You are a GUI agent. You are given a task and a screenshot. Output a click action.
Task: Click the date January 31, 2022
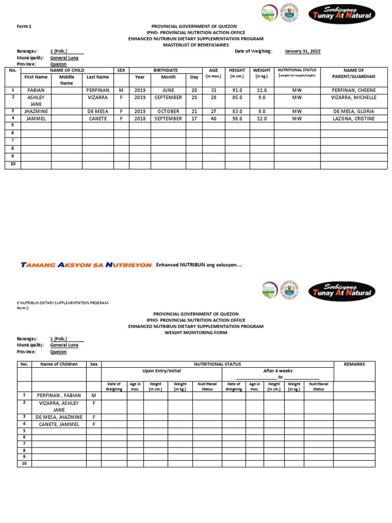(303, 51)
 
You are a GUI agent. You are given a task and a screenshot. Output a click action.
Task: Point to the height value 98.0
(237, 118)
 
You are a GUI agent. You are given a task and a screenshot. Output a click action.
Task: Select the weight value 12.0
(262, 118)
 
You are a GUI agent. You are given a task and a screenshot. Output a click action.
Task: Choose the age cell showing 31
(213, 90)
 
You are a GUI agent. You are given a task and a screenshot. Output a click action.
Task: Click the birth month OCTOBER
(168, 111)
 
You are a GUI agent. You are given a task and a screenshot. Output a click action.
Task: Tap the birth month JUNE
(168, 90)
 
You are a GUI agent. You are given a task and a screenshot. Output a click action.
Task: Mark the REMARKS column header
(354, 364)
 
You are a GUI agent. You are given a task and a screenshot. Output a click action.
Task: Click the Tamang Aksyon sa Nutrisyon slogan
(86, 265)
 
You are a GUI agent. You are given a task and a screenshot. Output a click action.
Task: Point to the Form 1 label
(24, 26)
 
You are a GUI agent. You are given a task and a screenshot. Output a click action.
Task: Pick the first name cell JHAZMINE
(36, 111)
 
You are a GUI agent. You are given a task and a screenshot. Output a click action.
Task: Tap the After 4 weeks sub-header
(278, 371)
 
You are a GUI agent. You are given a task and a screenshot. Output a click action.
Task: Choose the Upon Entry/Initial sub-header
(161, 371)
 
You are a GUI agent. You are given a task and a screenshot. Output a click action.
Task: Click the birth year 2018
(140, 118)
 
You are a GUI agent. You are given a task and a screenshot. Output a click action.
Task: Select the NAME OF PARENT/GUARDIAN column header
(354, 73)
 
